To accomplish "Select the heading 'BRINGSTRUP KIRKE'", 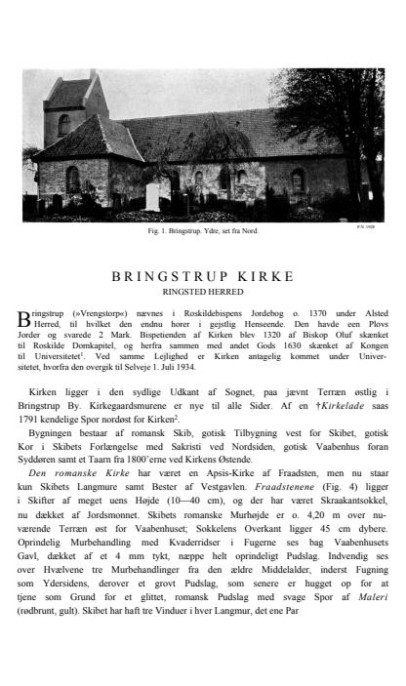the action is point(203,276).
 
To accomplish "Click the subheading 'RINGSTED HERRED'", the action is point(203,290).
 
